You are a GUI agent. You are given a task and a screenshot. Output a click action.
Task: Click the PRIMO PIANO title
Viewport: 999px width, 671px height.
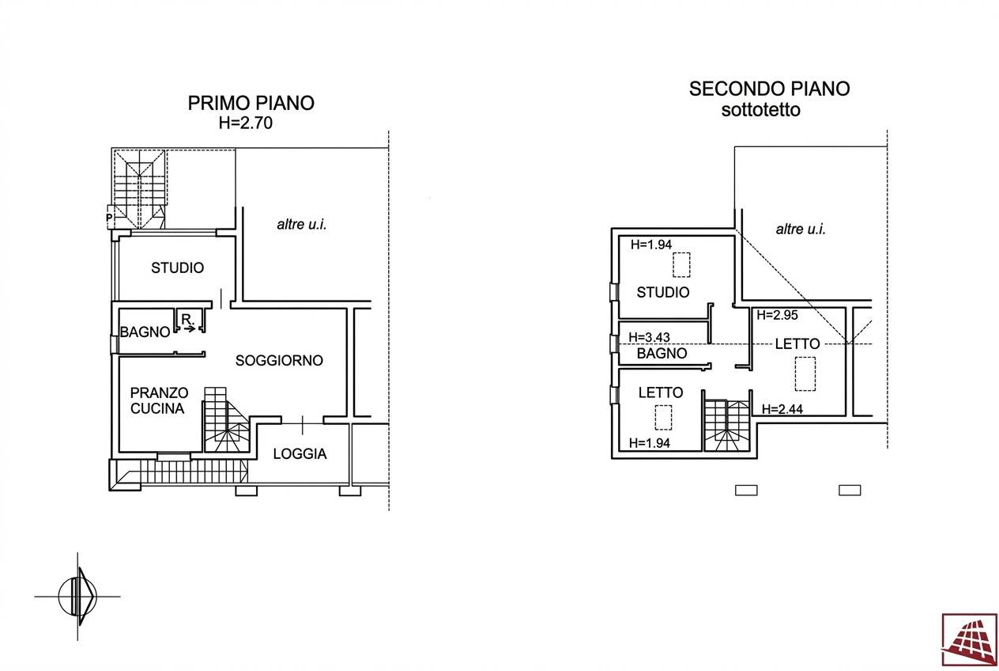(251, 103)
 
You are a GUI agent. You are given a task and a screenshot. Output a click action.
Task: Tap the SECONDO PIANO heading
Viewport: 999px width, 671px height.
(769, 89)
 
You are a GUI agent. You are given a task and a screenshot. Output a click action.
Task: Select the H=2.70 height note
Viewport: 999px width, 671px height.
(245, 123)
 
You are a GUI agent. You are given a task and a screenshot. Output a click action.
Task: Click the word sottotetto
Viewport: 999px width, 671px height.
(761, 110)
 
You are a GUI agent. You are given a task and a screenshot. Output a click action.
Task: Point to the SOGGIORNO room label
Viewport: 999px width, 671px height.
(279, 360)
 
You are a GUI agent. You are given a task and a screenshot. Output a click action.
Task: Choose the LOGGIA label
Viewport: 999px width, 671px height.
(300, 453)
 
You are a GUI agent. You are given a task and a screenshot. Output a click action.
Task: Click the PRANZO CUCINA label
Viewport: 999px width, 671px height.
(159, 400)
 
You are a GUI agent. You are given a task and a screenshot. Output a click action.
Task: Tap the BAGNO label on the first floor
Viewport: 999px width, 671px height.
(145, 332)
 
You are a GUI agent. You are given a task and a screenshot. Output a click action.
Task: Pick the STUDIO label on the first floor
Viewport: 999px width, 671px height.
(178, 268)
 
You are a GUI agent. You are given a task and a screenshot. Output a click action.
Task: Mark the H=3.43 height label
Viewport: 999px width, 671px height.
(650, 337)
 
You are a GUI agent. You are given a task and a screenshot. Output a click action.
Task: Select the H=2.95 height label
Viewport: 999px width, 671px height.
(778, 315)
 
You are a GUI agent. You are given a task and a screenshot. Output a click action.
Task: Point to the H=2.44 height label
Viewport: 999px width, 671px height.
(782, 409)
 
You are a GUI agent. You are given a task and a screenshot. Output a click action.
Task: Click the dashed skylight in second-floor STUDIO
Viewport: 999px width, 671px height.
(681, 265)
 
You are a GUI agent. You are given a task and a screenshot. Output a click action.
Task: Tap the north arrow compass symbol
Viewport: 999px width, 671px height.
(77, 596)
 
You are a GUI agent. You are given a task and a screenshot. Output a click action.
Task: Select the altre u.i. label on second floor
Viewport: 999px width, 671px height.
(801, 229)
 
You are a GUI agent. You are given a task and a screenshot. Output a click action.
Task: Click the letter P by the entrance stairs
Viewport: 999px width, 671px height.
(109, 218)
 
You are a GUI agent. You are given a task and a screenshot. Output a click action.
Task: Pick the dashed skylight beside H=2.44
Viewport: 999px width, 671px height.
(805, 373)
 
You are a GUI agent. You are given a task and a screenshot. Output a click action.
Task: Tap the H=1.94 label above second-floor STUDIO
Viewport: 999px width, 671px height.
(651, 245)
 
